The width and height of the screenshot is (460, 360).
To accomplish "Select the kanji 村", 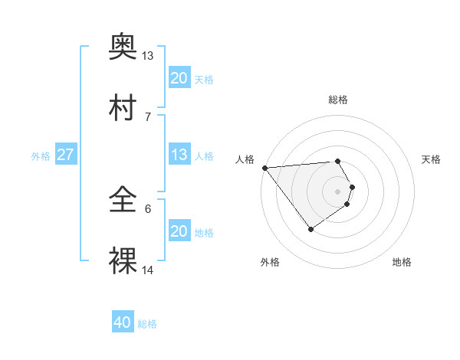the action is coord(123,108).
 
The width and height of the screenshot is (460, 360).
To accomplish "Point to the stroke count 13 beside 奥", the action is coord(148,56).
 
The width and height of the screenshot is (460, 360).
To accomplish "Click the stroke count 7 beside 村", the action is coord(147,116).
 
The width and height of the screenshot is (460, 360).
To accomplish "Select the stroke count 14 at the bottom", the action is coord(148,270).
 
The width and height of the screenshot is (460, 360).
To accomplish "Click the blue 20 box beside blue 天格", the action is coord(179,78).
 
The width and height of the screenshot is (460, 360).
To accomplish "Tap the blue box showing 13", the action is coord(179,155).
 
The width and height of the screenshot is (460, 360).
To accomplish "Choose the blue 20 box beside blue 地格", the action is coord(179,231).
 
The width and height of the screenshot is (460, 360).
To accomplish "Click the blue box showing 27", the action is coord(65,155).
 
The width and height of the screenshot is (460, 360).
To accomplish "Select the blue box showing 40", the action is coord(122,323).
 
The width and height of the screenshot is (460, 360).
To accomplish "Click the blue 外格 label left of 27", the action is coord(41,155).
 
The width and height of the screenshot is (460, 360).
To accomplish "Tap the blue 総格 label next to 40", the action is coord(147,324).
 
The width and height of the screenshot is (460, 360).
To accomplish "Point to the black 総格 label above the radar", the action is coord(338,100).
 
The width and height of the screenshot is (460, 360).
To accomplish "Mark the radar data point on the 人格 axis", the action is coord(264,168).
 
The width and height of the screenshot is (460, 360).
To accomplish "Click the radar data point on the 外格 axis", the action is coord(310,229).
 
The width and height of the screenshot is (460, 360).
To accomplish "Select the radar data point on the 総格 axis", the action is coord(338,162).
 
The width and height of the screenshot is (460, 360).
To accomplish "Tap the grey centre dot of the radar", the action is coord(338,191).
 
